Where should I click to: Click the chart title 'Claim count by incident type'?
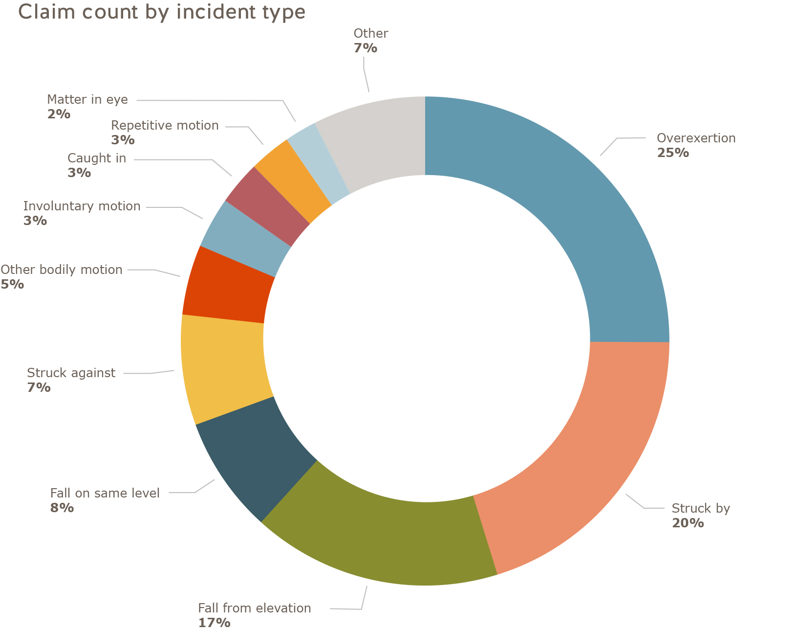[x=162, y=12]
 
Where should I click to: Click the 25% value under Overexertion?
[x=673, y=153]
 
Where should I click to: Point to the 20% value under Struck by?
[x=688, y=523]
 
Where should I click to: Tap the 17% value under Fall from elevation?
[x=214, y=623]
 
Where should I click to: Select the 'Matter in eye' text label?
[x=87, y=99]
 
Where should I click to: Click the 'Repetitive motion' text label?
[x=165, y=125]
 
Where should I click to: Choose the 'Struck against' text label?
[x=71, y=373]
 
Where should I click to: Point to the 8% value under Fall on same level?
[x=62, y=507]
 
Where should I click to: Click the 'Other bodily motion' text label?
[x=61, y=270]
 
